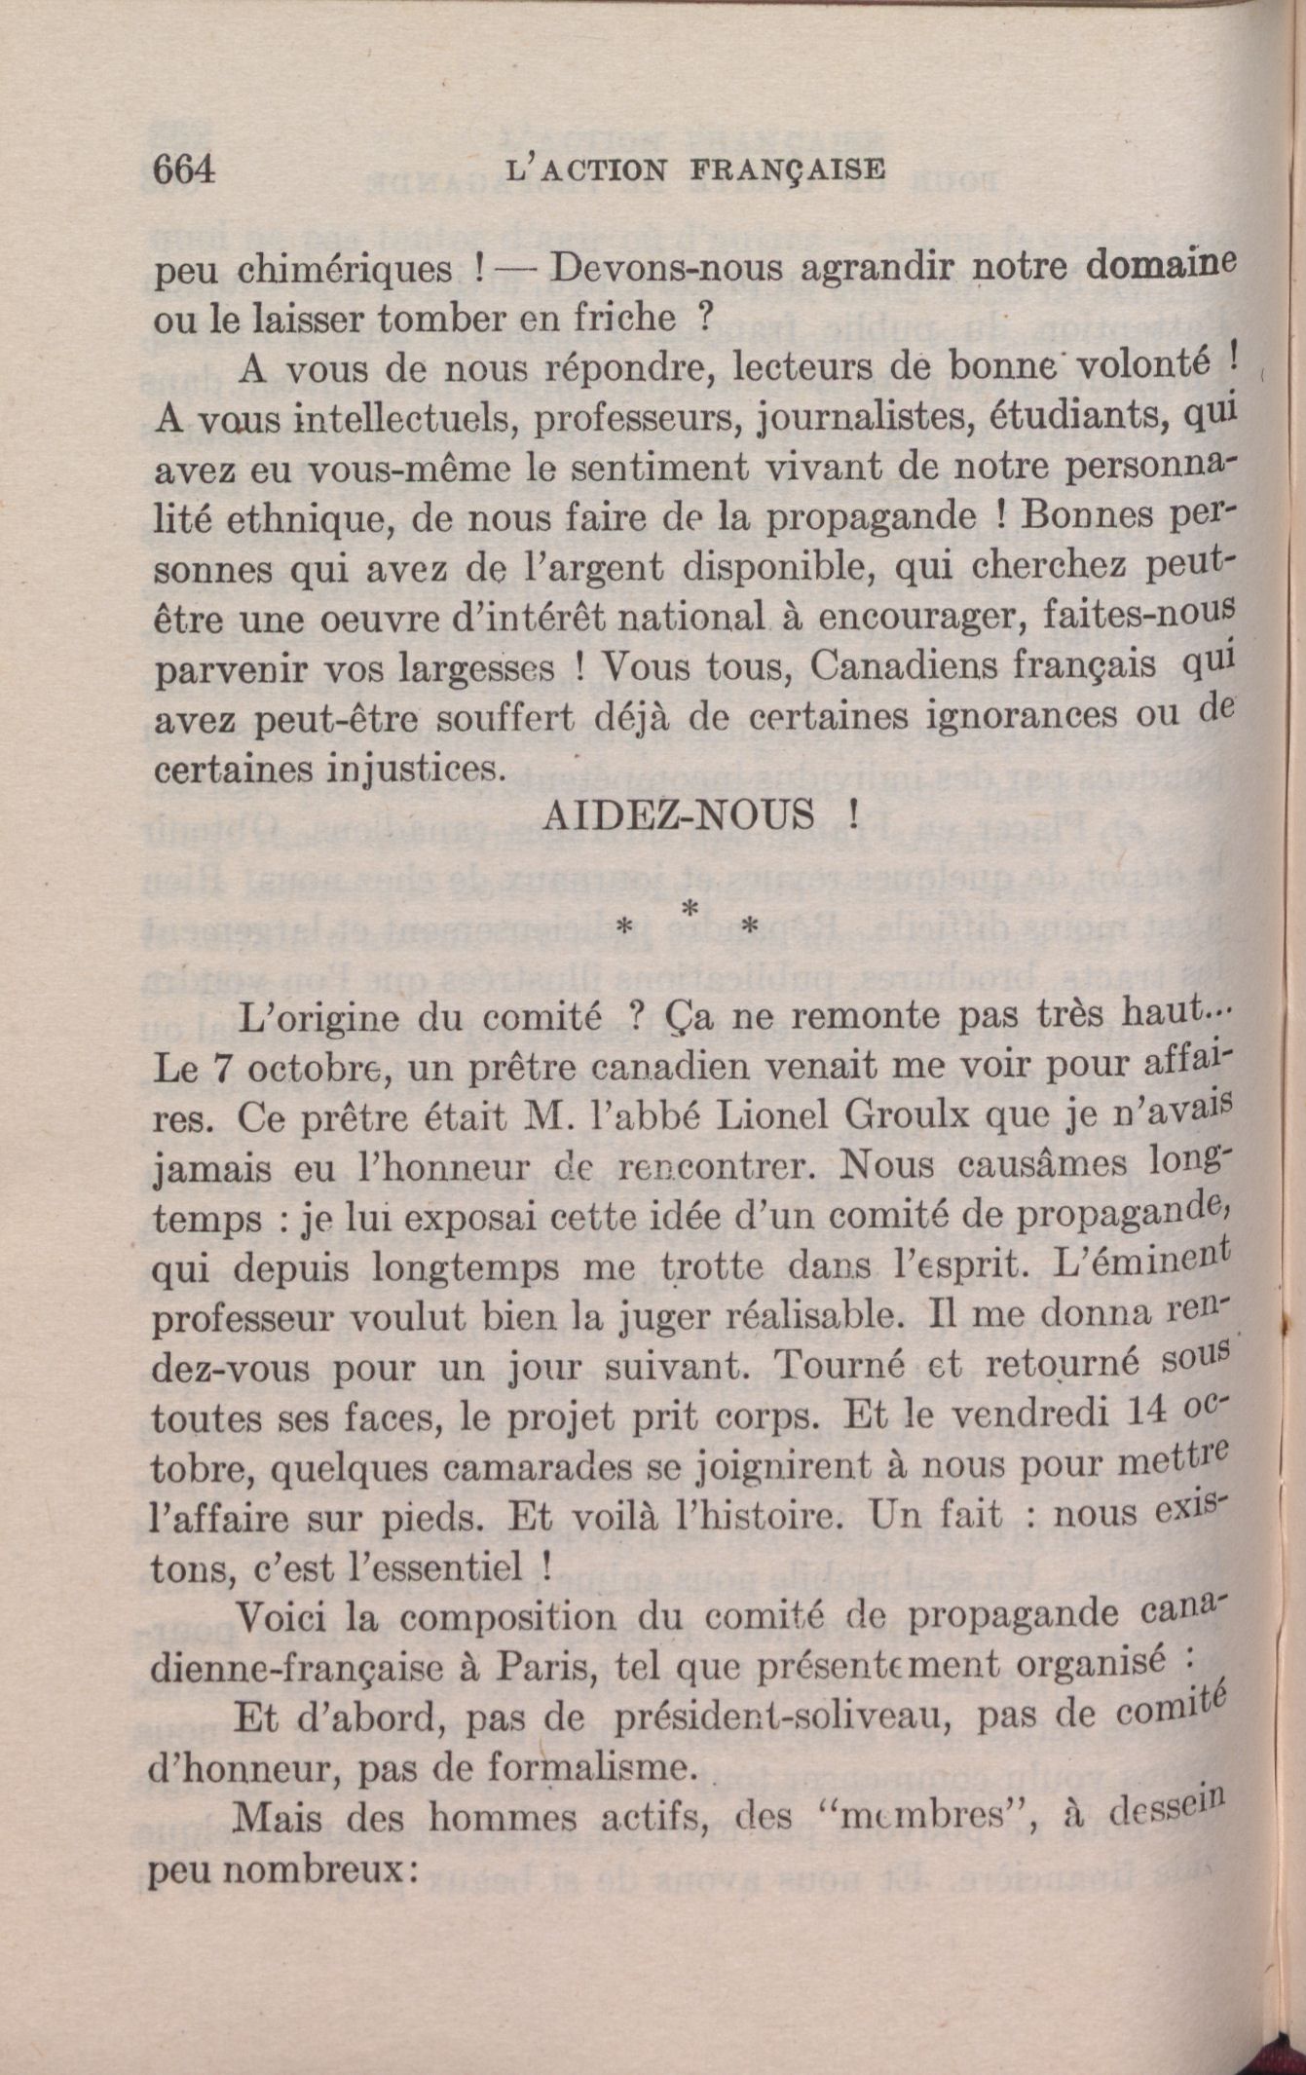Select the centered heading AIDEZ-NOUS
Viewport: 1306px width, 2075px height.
click(678, 814)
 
